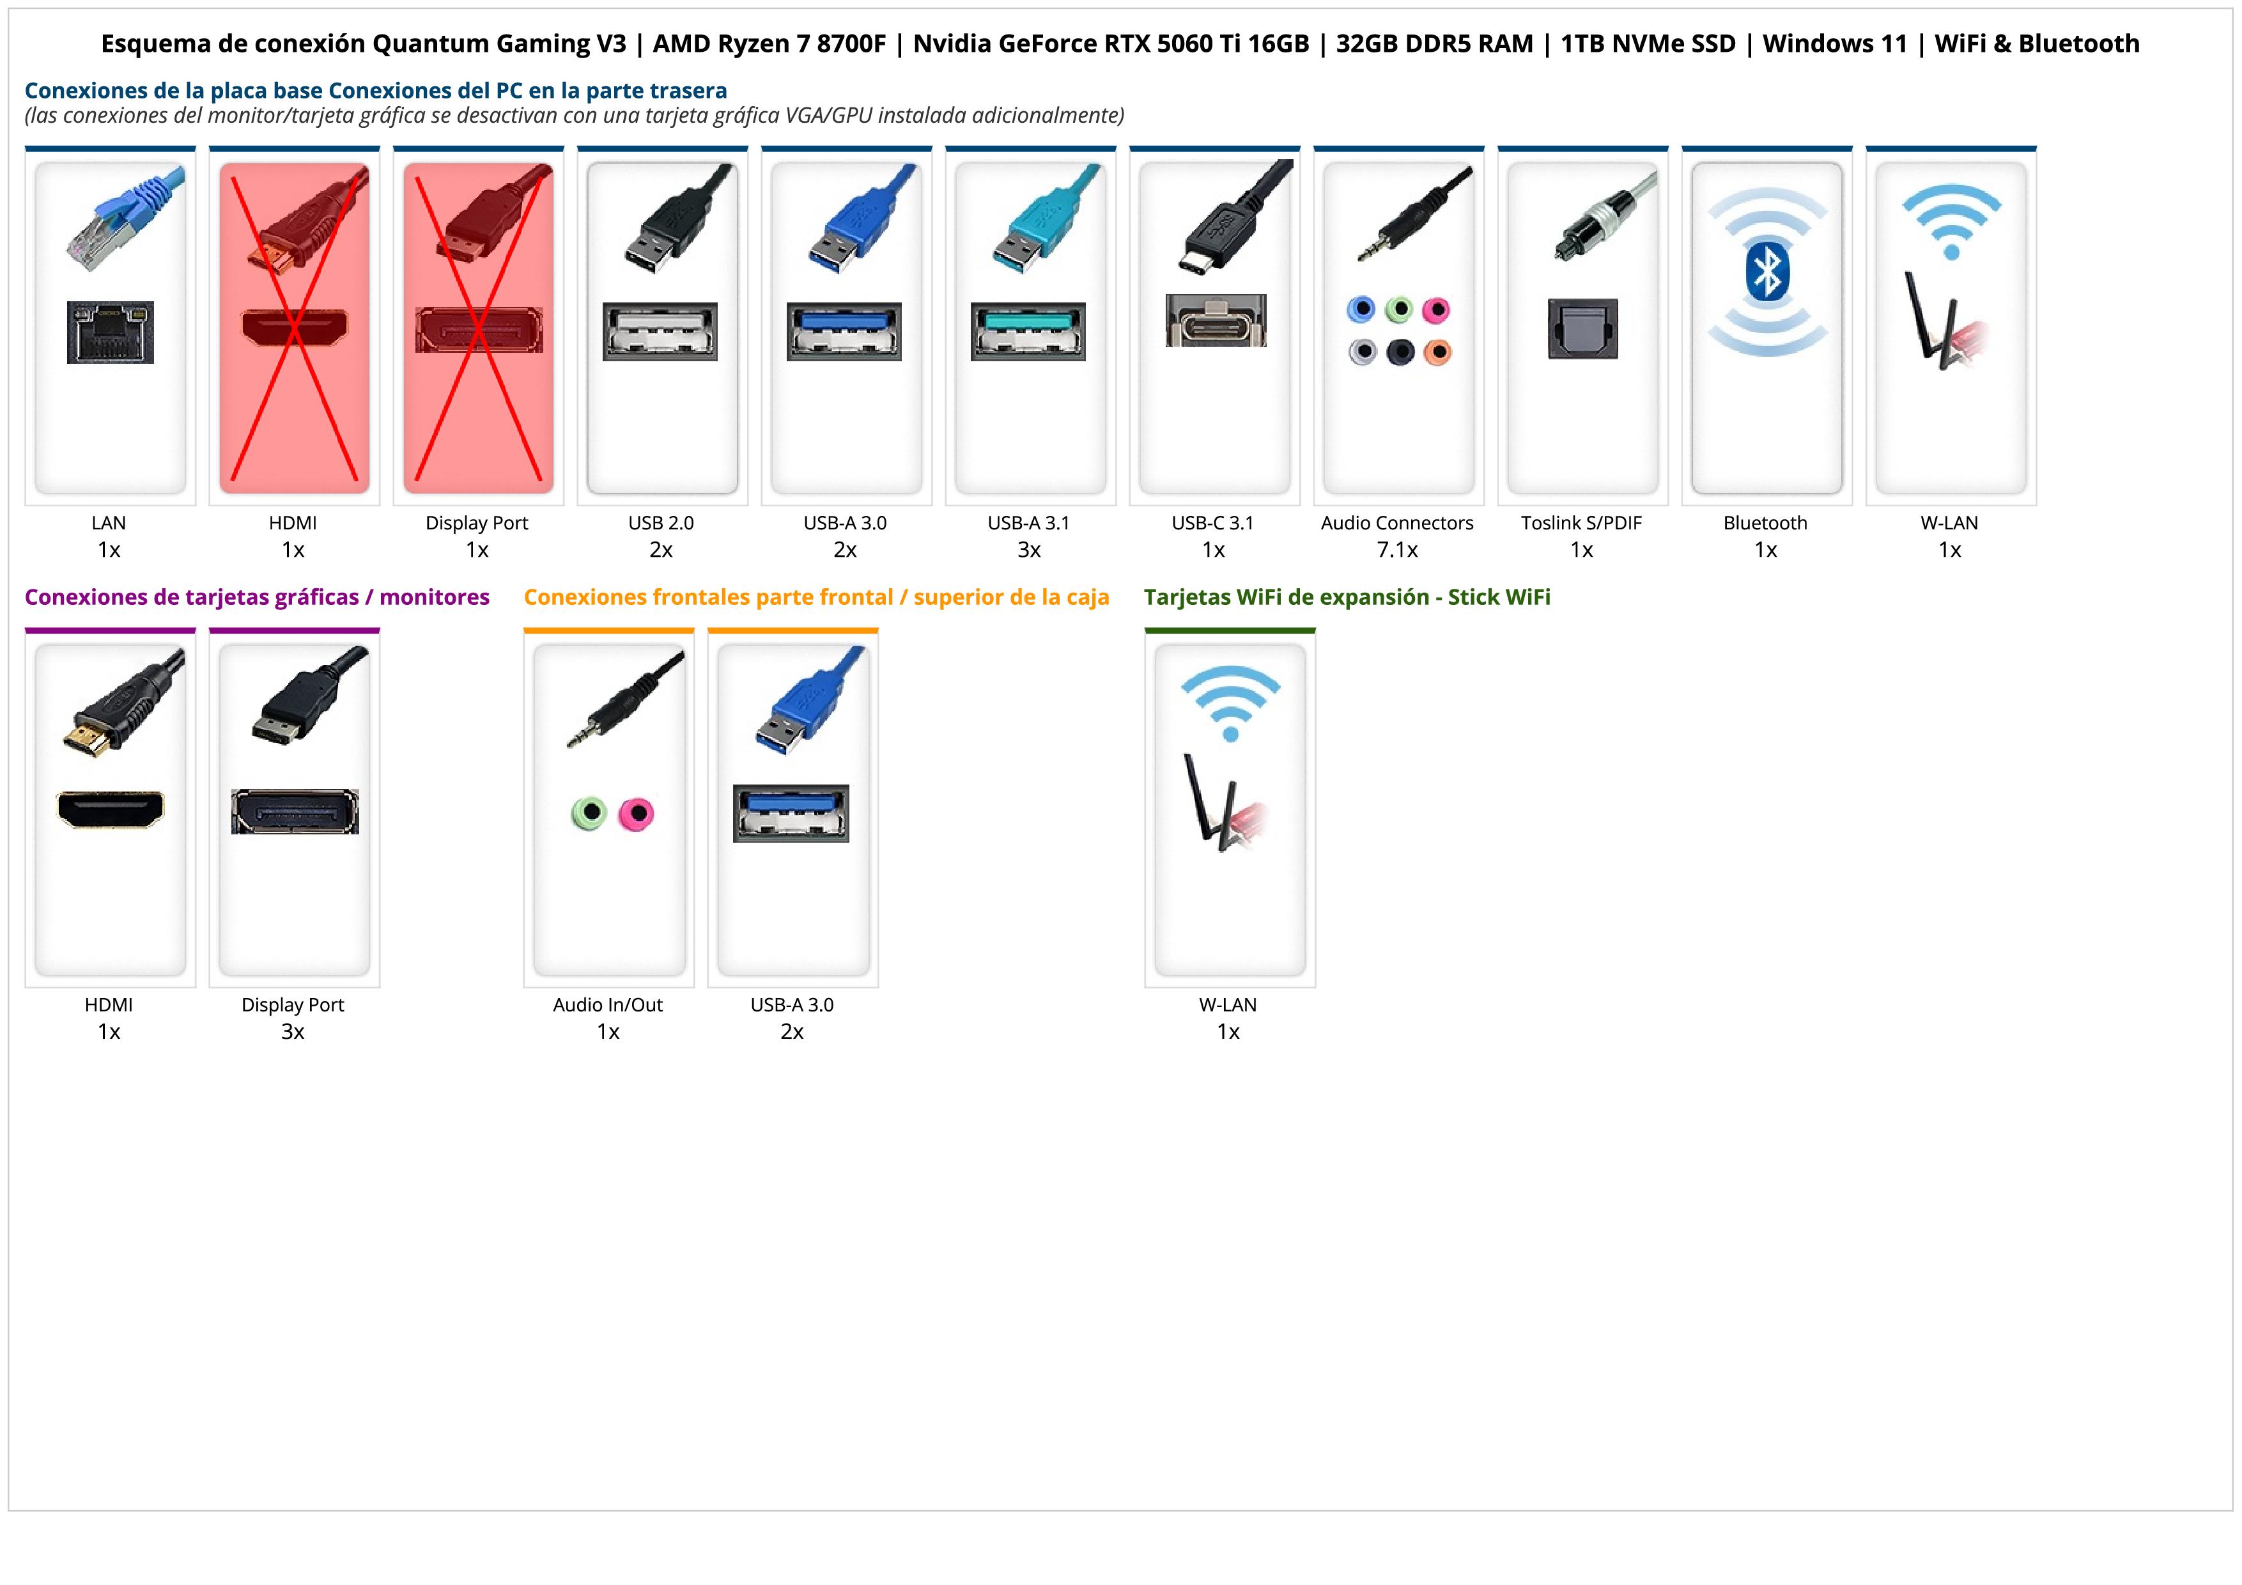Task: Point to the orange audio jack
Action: coord(1437,352)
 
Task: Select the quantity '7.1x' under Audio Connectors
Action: coord(1397,550)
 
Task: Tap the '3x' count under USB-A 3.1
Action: coord(1029,550)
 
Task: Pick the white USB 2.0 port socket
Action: coord(660,331)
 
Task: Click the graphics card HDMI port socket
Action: coord(111,809)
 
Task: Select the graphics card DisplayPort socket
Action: coord(295,811)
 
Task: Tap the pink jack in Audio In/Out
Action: coord(637,813)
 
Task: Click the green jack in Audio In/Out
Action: coord(589,813)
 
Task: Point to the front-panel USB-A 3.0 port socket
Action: coord(791,813)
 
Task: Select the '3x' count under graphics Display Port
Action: coord(293,1031)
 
